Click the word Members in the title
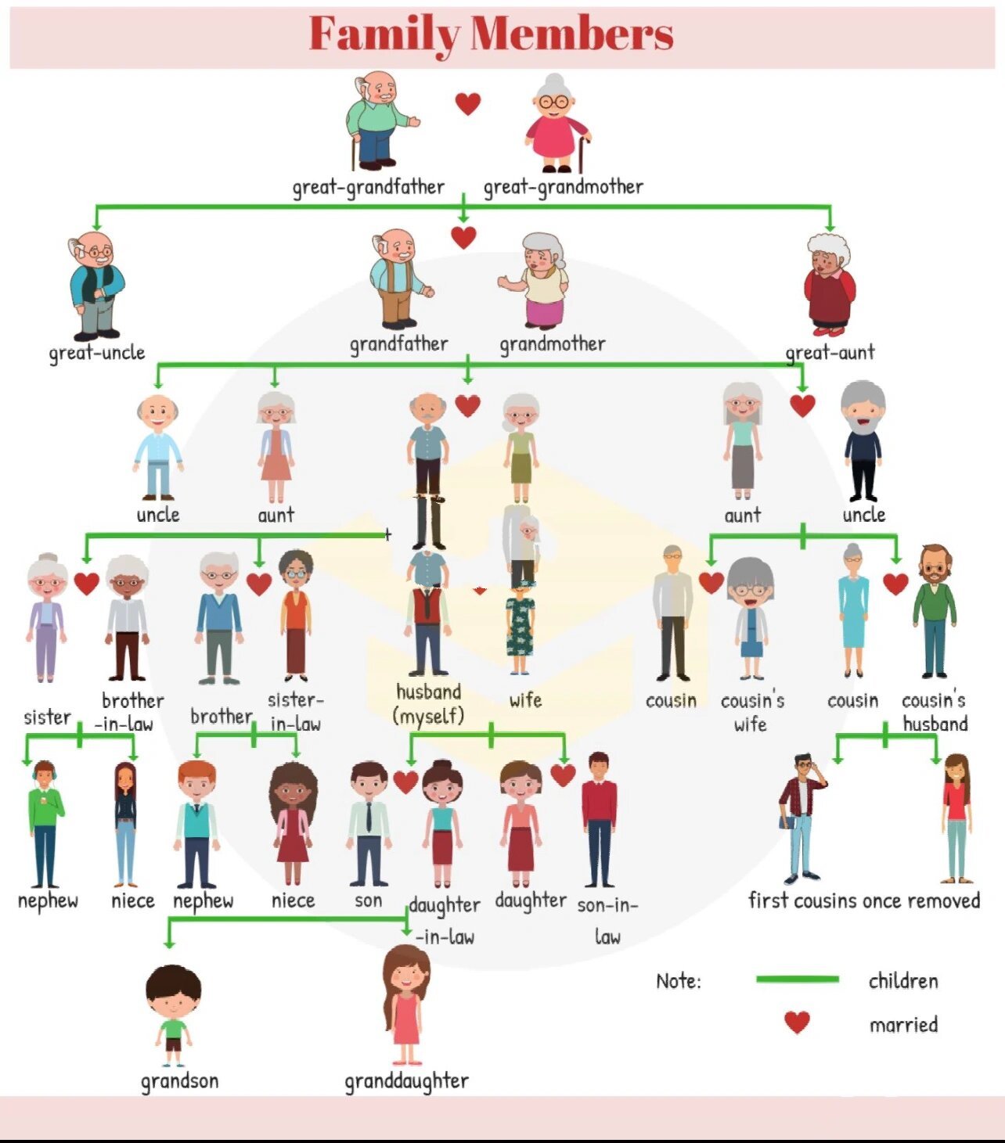pos(571,34)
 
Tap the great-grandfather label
pos(368,187)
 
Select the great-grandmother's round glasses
pos(553,102)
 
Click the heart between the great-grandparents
pos(468,104)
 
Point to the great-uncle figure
pos(96,285)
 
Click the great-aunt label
pos(830,353)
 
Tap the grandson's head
pos(173,992)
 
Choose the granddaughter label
pos(406,1081)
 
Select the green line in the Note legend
pos(798,979)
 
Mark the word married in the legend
pos(903,1025)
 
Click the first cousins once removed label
pos(864,900)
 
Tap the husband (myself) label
pos(429,704)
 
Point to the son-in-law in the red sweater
pos(599,820)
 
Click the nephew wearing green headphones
pos(45,825)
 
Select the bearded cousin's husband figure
pos(935,611)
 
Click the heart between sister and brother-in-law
pos(86,584)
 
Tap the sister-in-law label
pos(296,712)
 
